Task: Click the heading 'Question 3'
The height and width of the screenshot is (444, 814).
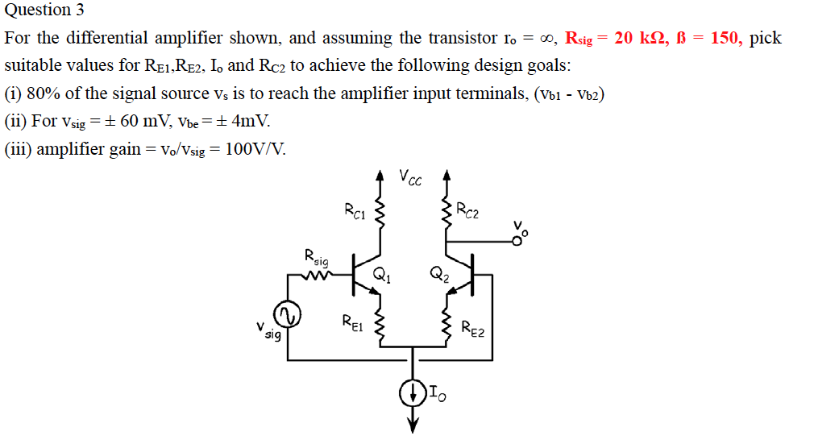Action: pyautogui.click(x=44, y=10)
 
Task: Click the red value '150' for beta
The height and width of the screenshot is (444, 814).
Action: pyautogui.click(x=725, y=38)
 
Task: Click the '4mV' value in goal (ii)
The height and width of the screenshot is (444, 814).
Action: pyautogui.click(x=250, y=122)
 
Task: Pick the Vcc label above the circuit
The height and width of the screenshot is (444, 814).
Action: pyautogui.click(x=410, y=176)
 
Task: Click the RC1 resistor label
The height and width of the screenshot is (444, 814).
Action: pyautogui.click(x=355, y=212)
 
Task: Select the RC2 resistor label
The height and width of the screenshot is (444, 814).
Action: pyautogui.click(x=467, y=212)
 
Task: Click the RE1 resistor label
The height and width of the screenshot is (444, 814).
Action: pyautogui.click(x=353, y=324)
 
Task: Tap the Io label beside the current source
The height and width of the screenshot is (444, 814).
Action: pyautogui.click(x=436, y=394)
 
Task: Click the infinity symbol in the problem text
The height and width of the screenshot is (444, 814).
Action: pyautogui.click(x=549, y=38)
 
